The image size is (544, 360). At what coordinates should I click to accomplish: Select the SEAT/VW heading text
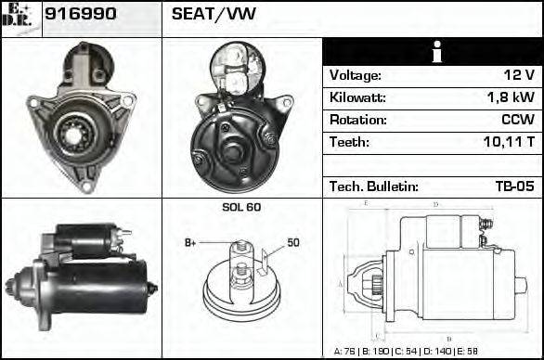(x=201, y=15)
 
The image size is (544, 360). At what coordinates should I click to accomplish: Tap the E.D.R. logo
(x=20, y=19)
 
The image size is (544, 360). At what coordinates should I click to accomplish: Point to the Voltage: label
(x=355, y=75)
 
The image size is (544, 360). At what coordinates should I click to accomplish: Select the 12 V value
(x=518, y=75)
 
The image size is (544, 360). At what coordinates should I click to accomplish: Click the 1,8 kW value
(x=510, y=97)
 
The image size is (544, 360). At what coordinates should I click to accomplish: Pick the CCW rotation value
(x=517, y=120)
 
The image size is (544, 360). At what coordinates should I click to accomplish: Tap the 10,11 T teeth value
(x=508, y=142)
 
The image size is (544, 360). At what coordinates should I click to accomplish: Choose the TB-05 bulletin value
(x=514, y=186)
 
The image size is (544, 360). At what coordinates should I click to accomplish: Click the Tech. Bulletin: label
(x=374, y=186)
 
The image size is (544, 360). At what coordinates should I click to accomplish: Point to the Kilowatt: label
(x=357, y=97)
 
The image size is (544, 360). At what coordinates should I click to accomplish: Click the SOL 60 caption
(x=241, y=207)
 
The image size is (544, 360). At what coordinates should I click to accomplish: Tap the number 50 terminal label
(x=293, y=243)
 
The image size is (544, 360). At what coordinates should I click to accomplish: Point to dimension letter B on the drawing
(x=448, y=338)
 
